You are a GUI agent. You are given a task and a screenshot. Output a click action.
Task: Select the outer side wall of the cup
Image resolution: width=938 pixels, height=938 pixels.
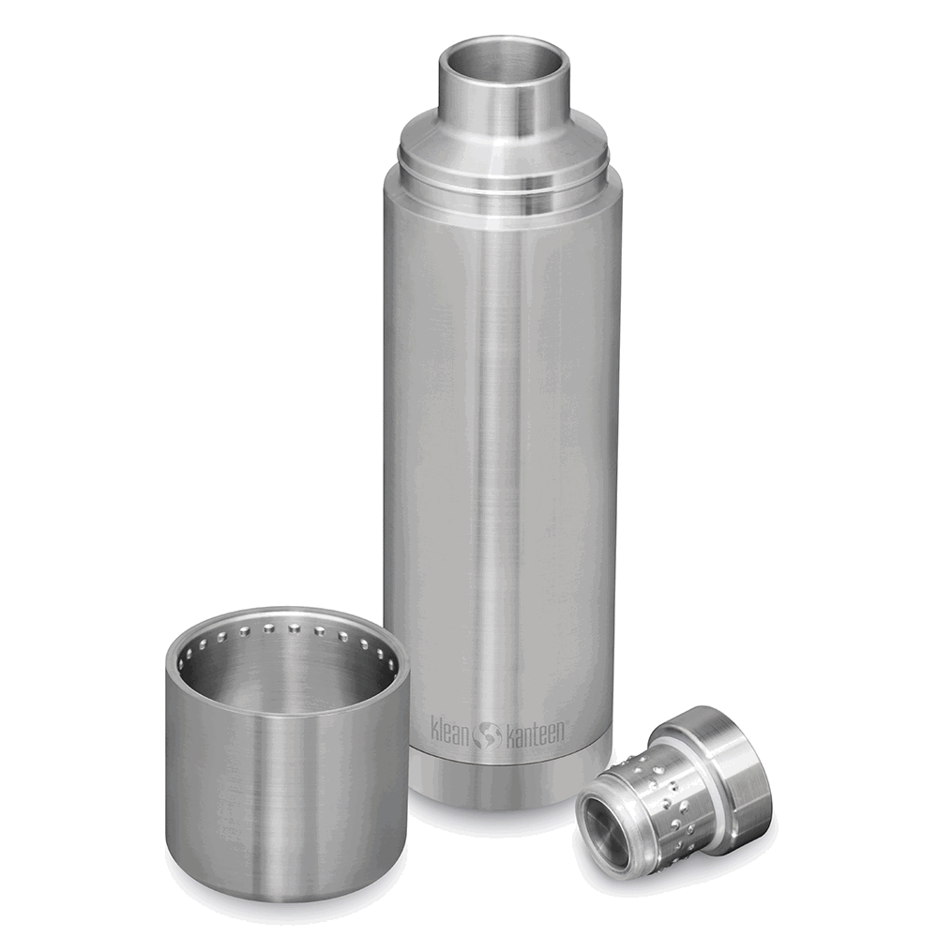click(x=281, y=797)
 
